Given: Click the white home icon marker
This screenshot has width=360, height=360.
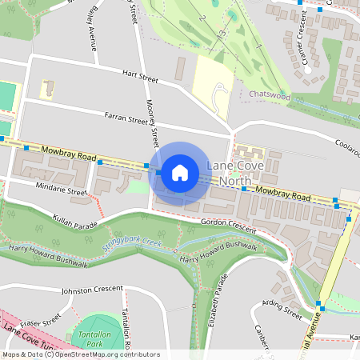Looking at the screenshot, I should click(x=180, y=172).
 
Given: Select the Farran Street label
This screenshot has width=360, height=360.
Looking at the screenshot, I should click(x=126, y=118).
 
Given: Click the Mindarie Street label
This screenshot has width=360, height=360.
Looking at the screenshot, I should click(x=62, y=189).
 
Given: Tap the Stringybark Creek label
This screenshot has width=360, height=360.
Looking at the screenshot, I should click(x=132, y=241).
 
